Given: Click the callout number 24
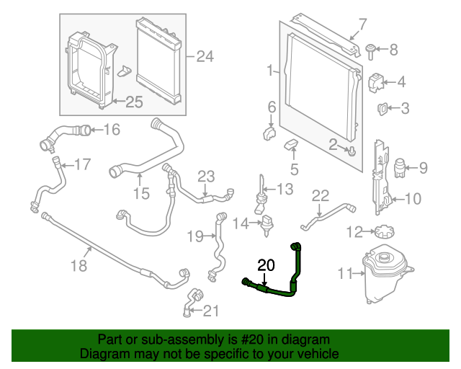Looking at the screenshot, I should pyautogui.click(x=205, y=55).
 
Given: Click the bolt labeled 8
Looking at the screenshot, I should pyautogui.click(x=370, y=50).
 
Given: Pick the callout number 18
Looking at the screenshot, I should pyautogui.click(x=79, y=266).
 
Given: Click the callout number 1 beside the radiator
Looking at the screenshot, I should pyautogui.click(x=269, y=71).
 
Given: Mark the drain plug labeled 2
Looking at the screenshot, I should pyautogui.click(x=352, y=151).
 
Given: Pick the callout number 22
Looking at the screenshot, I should pyautogui.click(x=320, y=195).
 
